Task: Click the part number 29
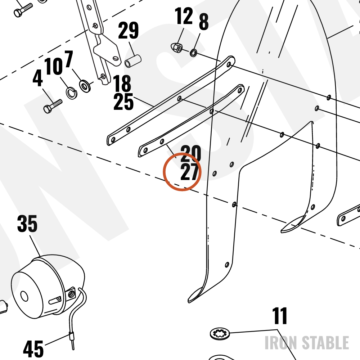pos(129,30)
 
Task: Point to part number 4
pos(38,78)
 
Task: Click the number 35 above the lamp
pos(27,224)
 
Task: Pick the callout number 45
pos(33,348)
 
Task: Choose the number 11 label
pos(280,316)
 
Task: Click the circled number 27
pos(189,172)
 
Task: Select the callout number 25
pos(123,102)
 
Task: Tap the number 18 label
pos(122,83)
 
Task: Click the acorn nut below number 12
pos(176,48)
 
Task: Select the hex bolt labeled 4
pos(53,106)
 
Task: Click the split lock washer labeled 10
pos(72,93)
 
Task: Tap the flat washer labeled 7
pos(85,86)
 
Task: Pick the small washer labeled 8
pos(193,53)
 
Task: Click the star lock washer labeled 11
pos(220,334)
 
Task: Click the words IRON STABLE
pos(307,343)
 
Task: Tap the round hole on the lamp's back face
pos(24,296)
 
